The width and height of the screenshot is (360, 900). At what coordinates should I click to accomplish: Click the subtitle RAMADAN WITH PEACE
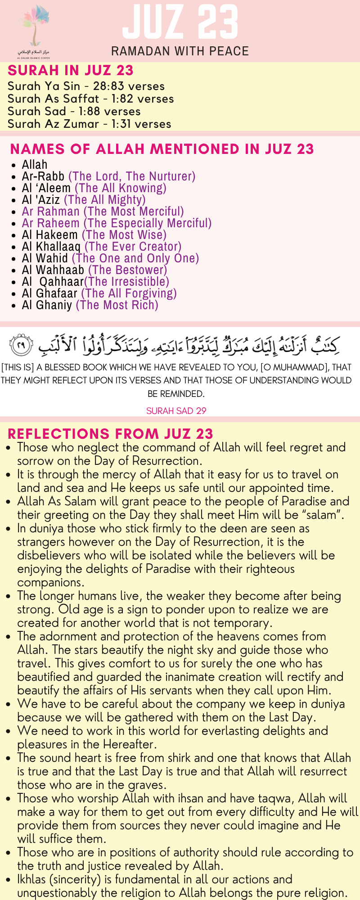pyautogui.click(x=180, y=51)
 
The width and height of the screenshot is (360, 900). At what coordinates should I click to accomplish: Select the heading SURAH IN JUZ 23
pyautogui.click(x=71, y=71)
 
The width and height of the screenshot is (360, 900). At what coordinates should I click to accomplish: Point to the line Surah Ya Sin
pyautogui.click(x=86, y=86)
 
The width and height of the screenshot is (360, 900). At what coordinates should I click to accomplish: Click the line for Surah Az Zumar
pyautogui.click(x=89, y=124)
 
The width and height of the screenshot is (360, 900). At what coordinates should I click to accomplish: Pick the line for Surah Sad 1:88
pyautogui.click(x=74, y=112)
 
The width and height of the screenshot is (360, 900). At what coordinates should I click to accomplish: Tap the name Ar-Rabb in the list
pyautogui.click(x=43, y=176)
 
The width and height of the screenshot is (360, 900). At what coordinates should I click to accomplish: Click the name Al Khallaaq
pyautogui.click(x=51, y=247)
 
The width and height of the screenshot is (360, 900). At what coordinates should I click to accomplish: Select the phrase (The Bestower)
pyautogui.click(x=127, y=270)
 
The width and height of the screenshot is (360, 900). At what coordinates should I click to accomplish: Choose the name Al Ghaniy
pyautogui.click(x=47, y=305)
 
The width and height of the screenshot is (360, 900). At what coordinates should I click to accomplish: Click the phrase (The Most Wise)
pyautogui.click(x=124, y=235)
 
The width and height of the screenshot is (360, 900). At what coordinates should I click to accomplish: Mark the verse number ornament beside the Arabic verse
pyautogui.click(x=21, y=346)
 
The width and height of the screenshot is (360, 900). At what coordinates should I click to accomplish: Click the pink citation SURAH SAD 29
pyautogui.click(x=176, y=411)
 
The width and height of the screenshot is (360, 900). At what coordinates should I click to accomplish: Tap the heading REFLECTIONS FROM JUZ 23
pyautogui.click(x=110, y=434)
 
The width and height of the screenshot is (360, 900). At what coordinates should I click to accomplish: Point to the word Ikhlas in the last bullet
pyautogui.click(x=33, y=879)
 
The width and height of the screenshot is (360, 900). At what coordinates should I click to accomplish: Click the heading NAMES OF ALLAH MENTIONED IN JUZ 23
pyautogui.click(x=162, y=149)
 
